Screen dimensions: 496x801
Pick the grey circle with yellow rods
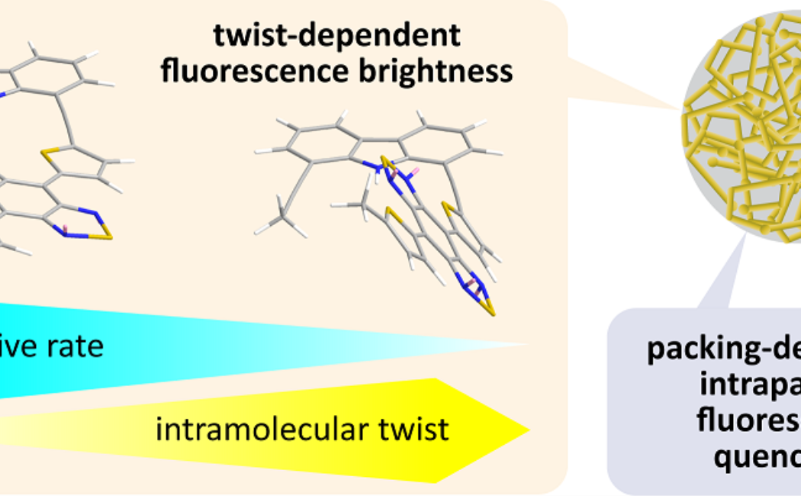[x=744, y=126]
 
